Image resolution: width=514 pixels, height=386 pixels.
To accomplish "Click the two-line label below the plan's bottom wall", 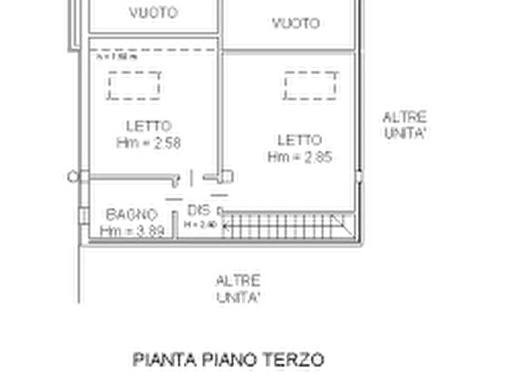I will (238, 287).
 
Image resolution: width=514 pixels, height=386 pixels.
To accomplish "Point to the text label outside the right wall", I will (405, 123).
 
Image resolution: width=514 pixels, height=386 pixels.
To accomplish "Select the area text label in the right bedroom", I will (301, 150).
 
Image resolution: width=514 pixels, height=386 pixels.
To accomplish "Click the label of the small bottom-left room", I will (130, 220).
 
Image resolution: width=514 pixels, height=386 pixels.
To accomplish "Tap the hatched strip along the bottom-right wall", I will (288, 226).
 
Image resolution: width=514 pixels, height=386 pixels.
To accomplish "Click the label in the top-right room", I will (297, 24).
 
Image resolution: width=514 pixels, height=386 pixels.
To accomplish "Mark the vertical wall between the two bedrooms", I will (219, 104).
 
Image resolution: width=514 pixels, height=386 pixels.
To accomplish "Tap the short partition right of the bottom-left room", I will (174, 219).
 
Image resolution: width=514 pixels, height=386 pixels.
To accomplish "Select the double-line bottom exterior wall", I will (222, 248).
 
